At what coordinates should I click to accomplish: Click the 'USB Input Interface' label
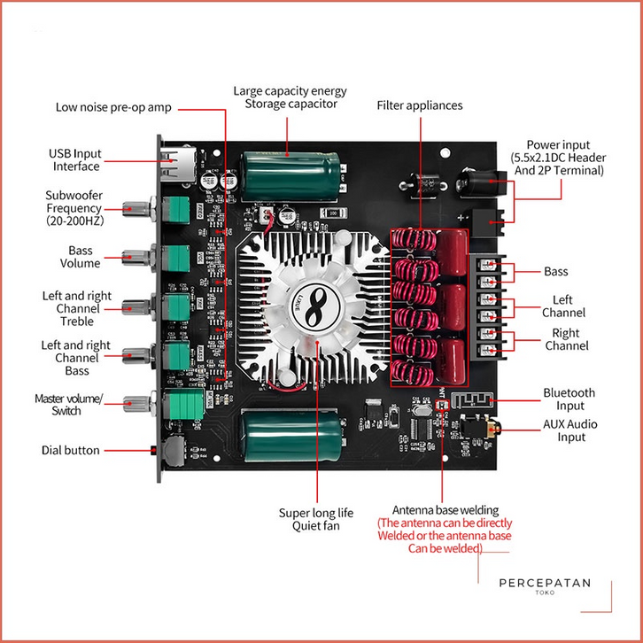point(75,159)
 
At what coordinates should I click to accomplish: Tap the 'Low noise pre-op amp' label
point(113,107)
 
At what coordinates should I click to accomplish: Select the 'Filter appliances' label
point(420,105)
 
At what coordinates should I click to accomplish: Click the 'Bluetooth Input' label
point(569,399)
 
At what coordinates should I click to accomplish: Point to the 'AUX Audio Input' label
point(569,430)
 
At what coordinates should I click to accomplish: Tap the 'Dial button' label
point(71,450)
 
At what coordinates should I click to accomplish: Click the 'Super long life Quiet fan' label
point(316,519)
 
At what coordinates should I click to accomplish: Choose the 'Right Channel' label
point(567,339)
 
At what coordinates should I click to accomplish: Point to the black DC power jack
point(478,185)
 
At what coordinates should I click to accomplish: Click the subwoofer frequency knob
point(138,210)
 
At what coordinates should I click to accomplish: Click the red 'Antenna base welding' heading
point(445,510)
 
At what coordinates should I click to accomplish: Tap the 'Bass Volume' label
point(80,257)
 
